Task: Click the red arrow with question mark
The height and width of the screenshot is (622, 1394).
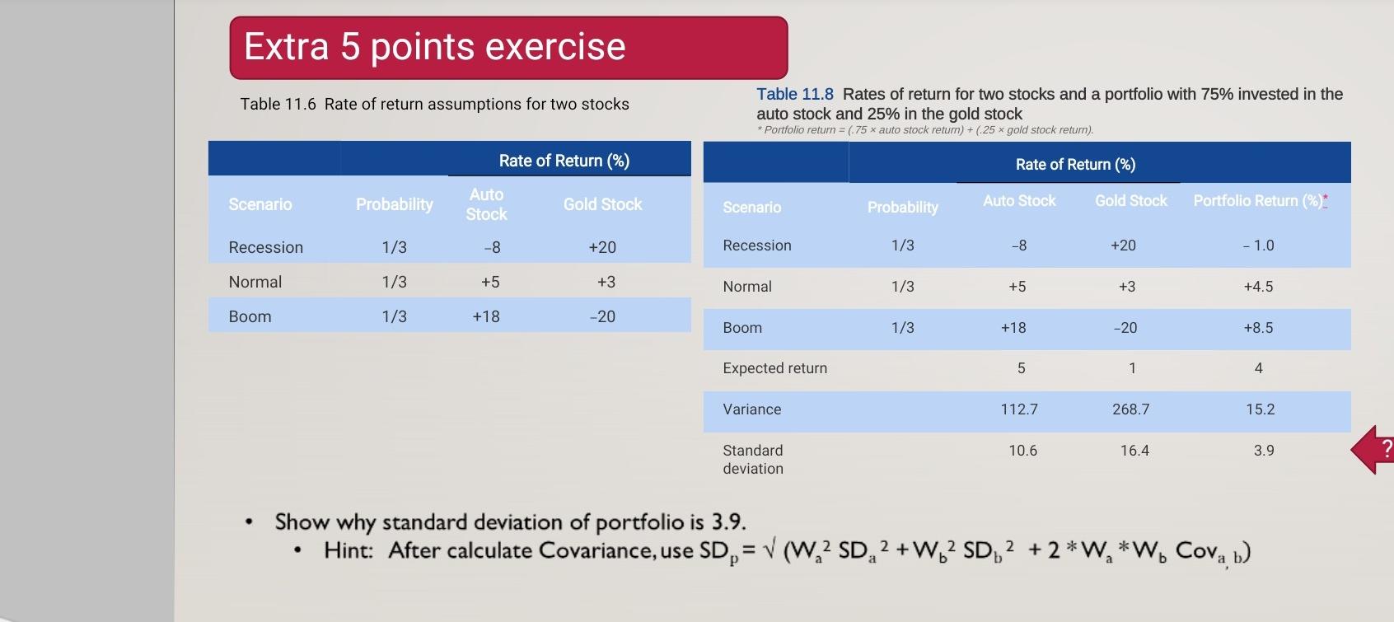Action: pyautogui.click(x=1374, y=450)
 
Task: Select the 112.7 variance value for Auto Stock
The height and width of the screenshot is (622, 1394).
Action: pyautogui.click(x=1019, y=409)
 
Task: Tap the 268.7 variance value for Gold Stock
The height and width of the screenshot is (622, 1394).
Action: pyautogui.click(x=1130, y=409)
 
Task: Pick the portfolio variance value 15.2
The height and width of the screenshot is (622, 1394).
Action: pyautogui.click(x=1260, y=409)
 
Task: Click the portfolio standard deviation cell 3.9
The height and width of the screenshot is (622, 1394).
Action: pyautogui.click(x=1263, y=451)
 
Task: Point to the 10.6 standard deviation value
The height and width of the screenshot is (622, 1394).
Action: pyautogui.click(x=1022, y=451)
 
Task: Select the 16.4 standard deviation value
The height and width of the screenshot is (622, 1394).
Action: pyautogui.click(x=1134, y=451)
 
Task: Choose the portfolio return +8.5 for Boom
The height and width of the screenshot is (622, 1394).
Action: pyautogui.click(x=1258, y=328)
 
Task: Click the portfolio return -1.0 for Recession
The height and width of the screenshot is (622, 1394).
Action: pyautogui.click(x=1258, y=246)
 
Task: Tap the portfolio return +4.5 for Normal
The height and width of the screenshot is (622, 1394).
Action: pyautogui.click(x=1258, y=287)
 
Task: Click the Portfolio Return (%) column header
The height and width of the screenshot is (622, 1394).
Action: pyautogui.click(x=1258, y=201)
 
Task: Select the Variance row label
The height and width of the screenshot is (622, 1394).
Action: pyautogui.click(x=751, y=409)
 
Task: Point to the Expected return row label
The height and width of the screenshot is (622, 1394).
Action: pyautogui.click(x=774, y=368)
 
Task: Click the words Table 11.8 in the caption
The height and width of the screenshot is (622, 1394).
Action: pyautogui.click(x=794, y=95)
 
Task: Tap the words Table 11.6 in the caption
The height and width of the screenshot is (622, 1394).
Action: pyautogui.click(x=278, y=105)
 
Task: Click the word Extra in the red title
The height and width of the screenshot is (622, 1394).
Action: pyautogui.click(x=286, y=47)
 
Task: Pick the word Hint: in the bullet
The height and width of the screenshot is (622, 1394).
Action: pyautogui.click(x=348, y=550)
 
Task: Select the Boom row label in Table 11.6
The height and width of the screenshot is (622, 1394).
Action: pyautogui.click(x=250, y=317)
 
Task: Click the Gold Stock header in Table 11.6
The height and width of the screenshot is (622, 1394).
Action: pyautogui.click(x=602, y=204)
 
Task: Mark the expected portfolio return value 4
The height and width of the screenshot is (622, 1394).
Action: pyautogui.click(x=1258, y=368)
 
